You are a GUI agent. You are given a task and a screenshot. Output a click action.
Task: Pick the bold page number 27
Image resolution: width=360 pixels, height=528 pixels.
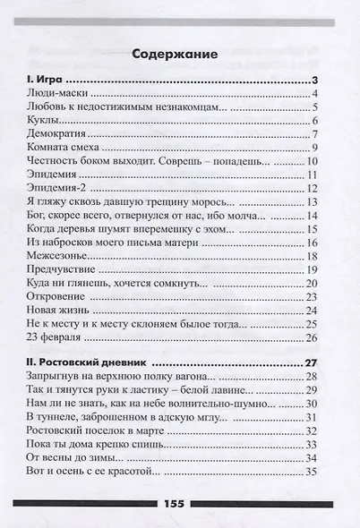[313, 363]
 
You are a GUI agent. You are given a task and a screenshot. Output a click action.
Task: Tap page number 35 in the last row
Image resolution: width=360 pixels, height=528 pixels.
[313, 471]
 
